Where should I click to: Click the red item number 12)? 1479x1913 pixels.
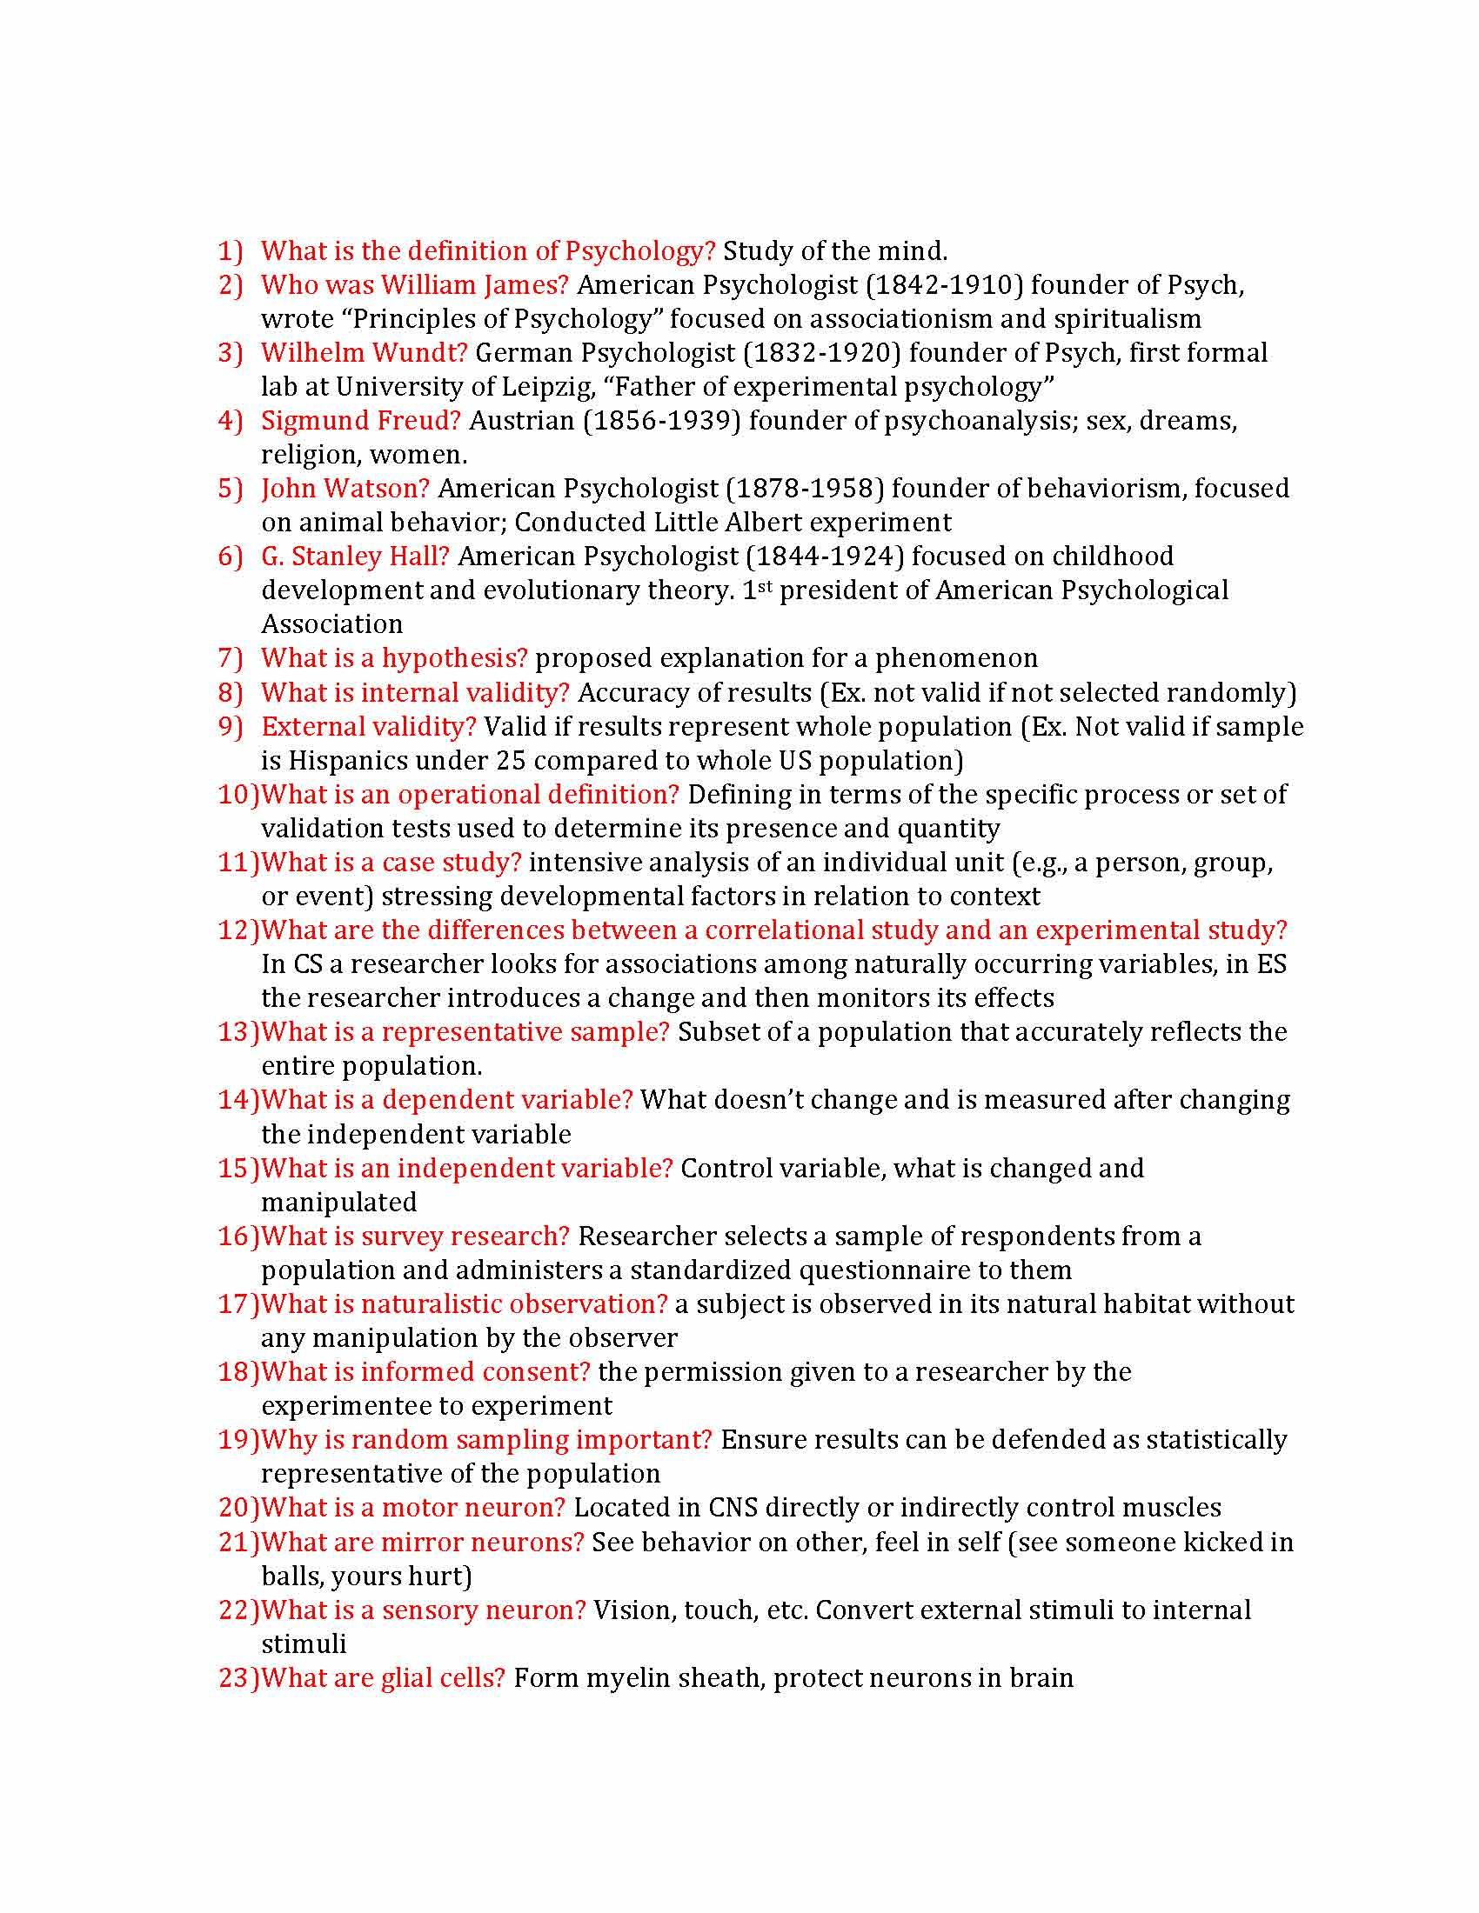coord(238,930)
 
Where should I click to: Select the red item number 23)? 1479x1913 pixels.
coord(238,1677)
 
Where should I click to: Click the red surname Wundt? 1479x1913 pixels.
coord(419,353)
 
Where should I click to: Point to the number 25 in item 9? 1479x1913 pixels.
coord(509,760)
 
